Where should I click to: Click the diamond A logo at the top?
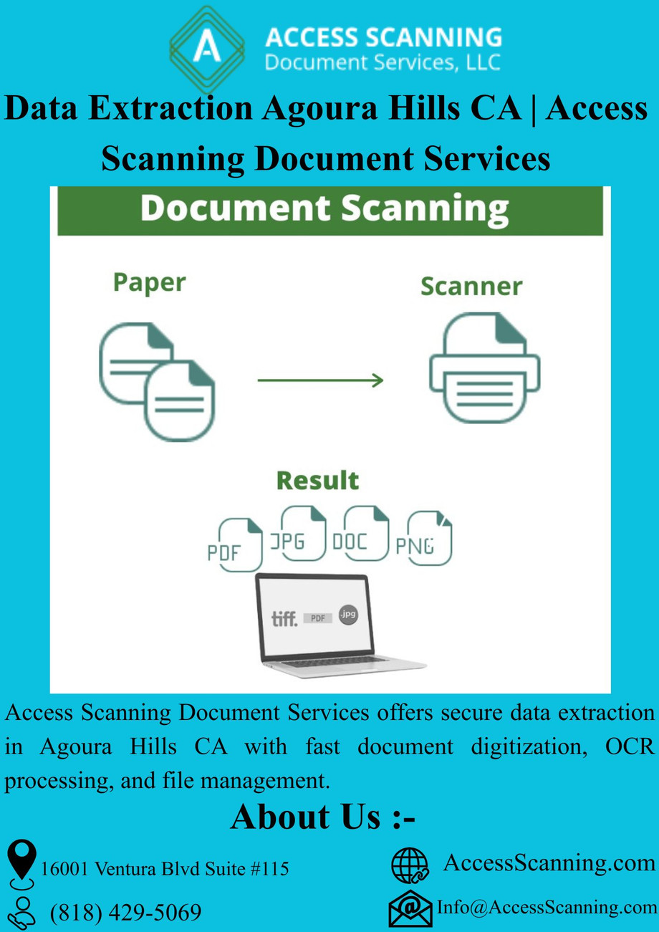[207, 49]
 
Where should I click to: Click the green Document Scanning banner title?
[324, 209]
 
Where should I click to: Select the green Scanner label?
[471, 287]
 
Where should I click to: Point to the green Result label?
[317, 481]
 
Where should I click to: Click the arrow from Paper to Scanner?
[320, 380]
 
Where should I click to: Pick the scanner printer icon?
[485, 367]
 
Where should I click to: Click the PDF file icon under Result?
[236, 544]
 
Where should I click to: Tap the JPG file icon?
[298, 534]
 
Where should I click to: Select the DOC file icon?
[361, 534]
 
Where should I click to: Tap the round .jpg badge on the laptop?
[348, 614]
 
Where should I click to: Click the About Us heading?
[323, 817]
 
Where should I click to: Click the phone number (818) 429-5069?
[125, 913]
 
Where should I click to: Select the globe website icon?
[410, 866]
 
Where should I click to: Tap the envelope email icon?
[410, 909]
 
